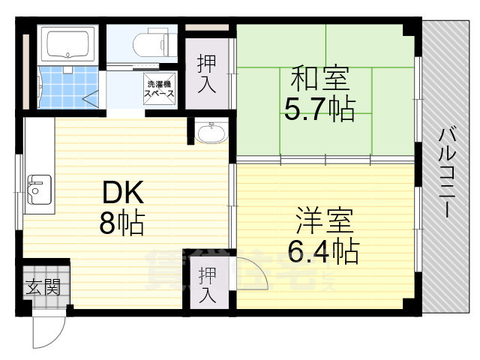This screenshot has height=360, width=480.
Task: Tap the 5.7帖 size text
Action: click(x=319, y=110)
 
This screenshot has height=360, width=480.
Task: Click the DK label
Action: click(x=123, y=193)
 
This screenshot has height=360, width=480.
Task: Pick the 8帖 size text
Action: click(x=123, y=223)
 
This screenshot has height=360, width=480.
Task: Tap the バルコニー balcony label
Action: click(x=448, y=172)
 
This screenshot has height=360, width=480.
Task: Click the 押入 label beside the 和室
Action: click(x=207, y=73)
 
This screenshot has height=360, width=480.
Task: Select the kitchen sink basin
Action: click(x=39, y=190)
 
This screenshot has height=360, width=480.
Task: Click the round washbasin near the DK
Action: click(x=211, y=135)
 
